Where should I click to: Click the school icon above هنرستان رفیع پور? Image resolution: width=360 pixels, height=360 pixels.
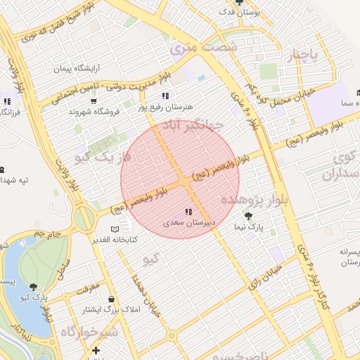point(165,96)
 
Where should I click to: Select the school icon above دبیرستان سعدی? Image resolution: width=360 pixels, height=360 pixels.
point(188,212)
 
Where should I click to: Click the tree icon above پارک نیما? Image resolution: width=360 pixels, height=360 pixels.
point(247,215)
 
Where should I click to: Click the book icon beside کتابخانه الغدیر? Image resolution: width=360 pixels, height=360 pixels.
point(115,229)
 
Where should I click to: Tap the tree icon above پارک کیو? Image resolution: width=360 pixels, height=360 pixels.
point(34,285)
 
